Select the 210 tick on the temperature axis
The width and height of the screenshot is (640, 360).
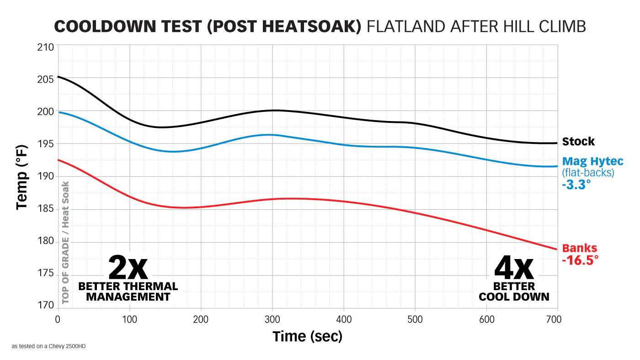point(46,47)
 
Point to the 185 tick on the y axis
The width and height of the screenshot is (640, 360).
point(46,210)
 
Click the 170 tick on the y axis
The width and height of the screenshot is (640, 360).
point(46,305)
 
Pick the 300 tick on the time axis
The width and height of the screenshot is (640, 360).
point(272,319)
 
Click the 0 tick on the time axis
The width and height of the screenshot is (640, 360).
point(58,319)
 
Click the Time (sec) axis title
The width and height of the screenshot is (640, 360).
point(307,337)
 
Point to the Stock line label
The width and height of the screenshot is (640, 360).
point(578,142)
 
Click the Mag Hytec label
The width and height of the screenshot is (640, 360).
point(592,161)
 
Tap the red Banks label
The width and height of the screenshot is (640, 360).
point(579,249)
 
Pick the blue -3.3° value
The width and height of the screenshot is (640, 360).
point(576,185)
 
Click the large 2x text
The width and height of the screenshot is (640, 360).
point(128,268)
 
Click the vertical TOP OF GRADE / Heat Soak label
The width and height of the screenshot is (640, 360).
point(65,242)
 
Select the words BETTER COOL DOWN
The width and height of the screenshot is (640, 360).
point(514,291)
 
